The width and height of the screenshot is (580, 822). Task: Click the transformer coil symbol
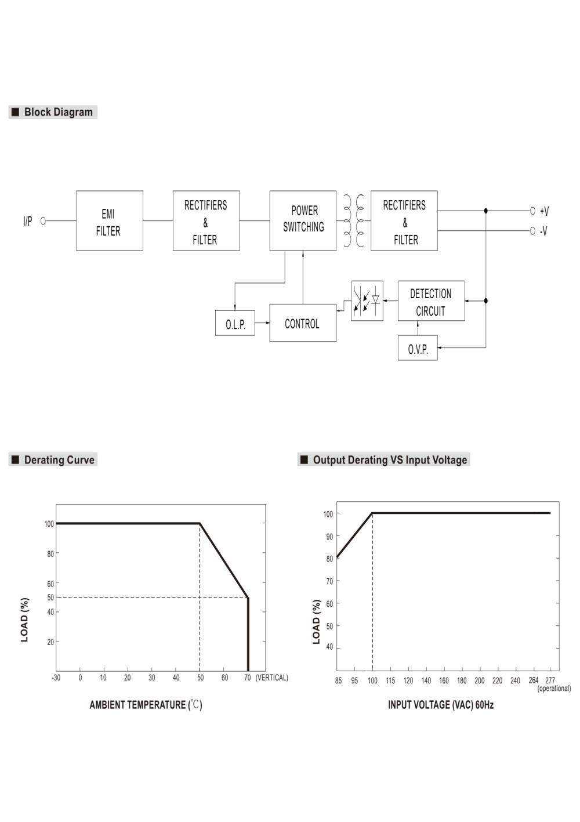(x=354, y=220)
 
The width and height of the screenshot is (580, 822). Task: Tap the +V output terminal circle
(x=532, y=211)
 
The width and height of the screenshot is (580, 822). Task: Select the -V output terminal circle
(x=532, y=230)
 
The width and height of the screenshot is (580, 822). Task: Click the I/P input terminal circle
(x=43, y=220)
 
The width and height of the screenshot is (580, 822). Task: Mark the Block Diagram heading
(x=53, y=112)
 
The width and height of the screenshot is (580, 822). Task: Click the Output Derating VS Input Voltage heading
(x=383, y=459)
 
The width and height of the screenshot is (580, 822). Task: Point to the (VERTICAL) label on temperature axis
(x=271, y=678)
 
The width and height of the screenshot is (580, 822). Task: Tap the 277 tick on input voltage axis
(x=550, y=680)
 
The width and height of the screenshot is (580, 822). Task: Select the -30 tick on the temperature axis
(x=56, y=678)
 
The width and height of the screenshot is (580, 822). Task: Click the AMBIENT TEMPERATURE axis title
(x=146, y=705)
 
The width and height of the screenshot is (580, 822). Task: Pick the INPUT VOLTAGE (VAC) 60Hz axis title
(x=441, y=705)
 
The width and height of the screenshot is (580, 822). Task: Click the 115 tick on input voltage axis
(x=390, y=680)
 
